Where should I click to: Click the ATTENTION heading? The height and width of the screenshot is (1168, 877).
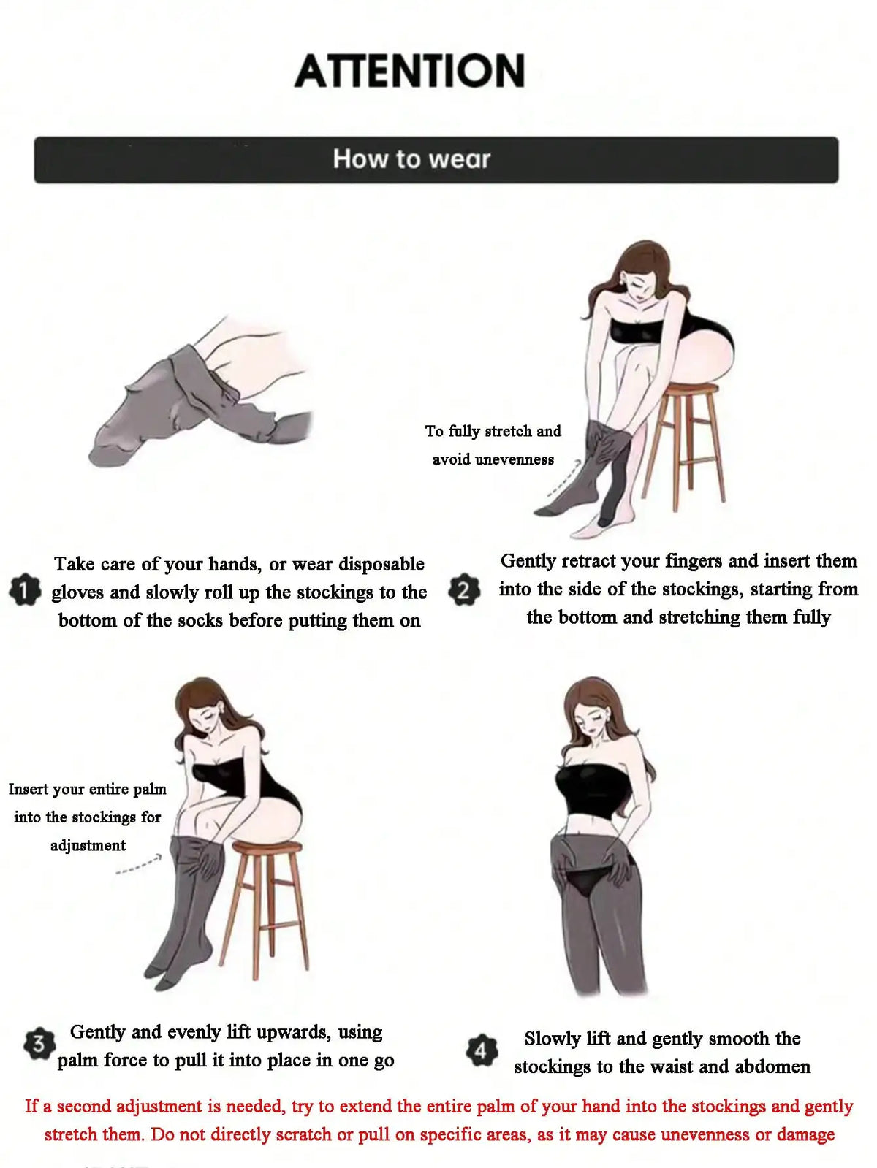click(x=410, y=71)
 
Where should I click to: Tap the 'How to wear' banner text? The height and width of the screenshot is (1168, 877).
click(x=411, y=159)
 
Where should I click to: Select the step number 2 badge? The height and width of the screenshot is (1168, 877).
click(x=464, y=589)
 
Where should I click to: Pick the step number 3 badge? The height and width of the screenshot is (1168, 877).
click(x=39, y=1044)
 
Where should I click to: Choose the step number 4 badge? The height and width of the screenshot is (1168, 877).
click(x=482, y=1051)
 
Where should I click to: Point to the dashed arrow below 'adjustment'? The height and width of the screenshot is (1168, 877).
click(x=138, y=864)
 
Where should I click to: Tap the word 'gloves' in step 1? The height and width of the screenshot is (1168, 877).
click(x=77, y=592)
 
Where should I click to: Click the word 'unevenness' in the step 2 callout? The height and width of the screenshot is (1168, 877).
click(x=514, y=459)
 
